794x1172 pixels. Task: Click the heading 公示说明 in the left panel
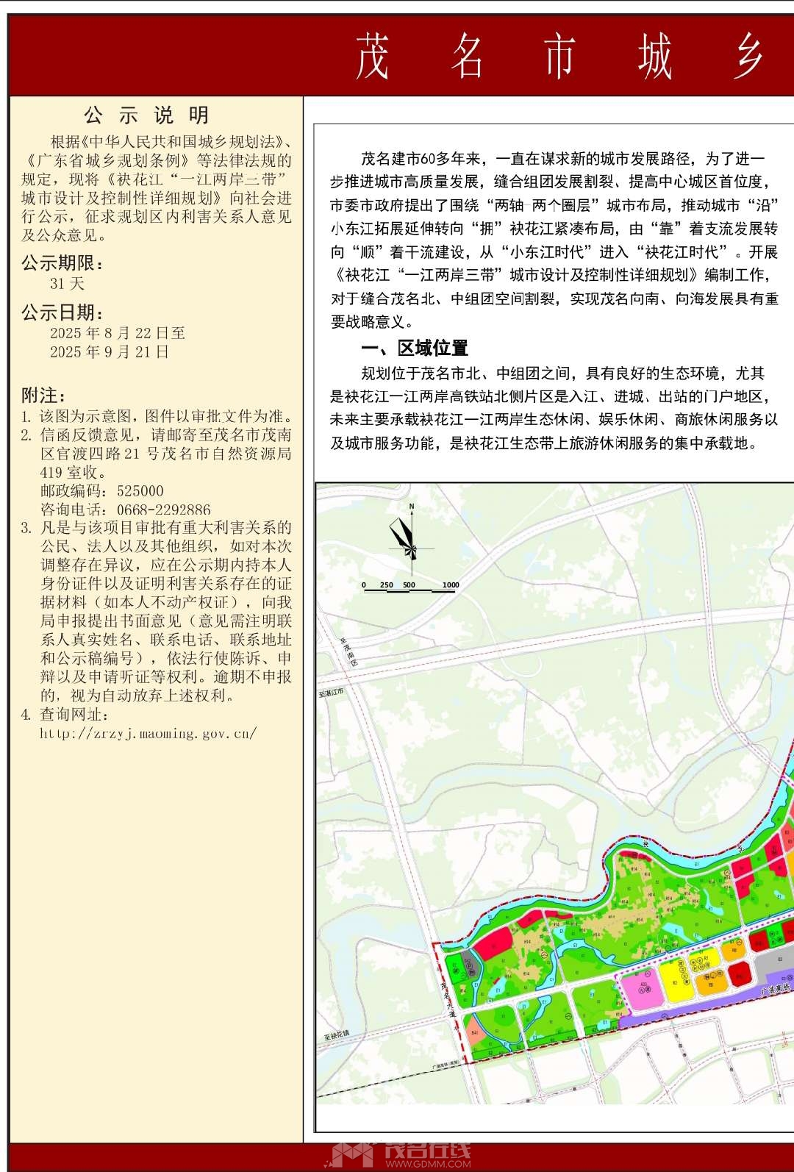pos(146,115)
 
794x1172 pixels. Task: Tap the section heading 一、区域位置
pos(415,348)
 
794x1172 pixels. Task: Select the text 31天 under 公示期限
pos(67,284)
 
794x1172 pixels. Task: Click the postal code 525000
pos(140,491)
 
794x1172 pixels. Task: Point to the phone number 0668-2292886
pos(162,510)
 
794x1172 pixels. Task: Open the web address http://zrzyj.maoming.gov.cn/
pos(148,733)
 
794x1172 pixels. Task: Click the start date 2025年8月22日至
pos(117,333)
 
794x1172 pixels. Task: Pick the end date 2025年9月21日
pos(110,352)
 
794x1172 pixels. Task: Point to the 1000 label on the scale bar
pos(450,585)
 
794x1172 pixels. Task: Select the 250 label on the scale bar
pos(387,585)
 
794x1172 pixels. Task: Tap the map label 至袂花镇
pos(336,1033)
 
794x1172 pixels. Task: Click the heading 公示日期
pos(62,313)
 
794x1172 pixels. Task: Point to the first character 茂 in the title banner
pos(373,57)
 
